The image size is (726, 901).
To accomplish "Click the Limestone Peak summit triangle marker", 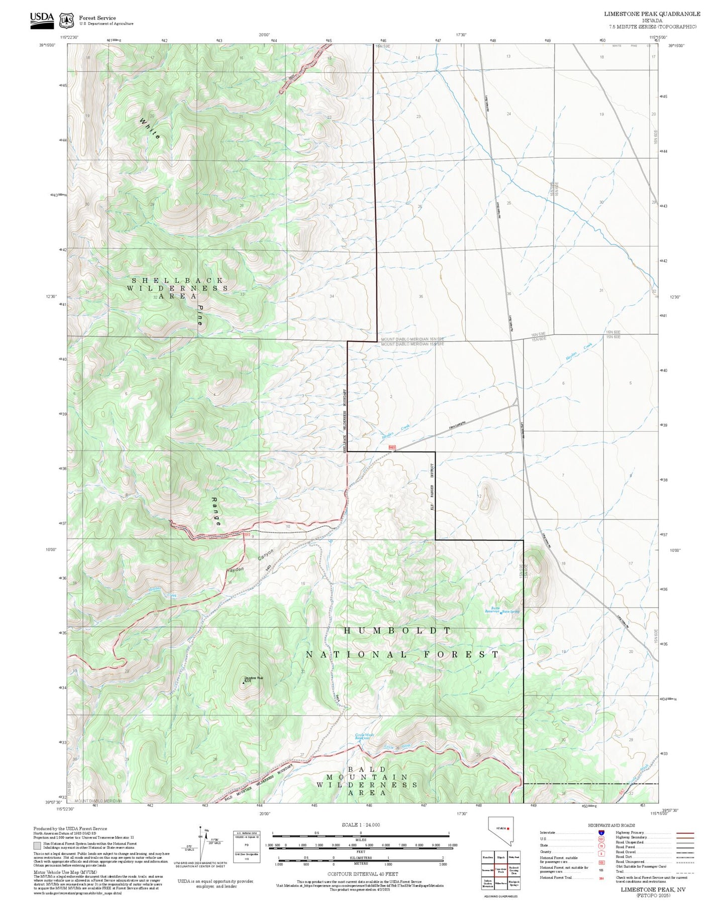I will [x=244, y=683].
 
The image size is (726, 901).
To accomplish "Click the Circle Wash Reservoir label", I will [x=364, y=736].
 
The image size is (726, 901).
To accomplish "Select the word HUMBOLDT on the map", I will [x=397, y=630].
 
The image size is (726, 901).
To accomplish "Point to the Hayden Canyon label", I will [x=250, y=563].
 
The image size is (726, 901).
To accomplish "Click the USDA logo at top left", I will [x=41, y=18].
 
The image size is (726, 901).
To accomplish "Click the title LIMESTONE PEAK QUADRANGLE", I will [x=652, y=14].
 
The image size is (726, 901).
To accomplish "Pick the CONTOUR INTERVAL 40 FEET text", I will [x=363, y=873].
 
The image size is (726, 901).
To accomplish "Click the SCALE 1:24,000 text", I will [x=360, y=825].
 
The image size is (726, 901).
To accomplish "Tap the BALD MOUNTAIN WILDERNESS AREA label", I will [x=366, y=784].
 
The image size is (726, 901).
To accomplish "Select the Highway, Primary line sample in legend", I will [x=685, y=833].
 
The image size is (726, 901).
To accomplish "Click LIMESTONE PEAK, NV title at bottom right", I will [x=653, y=888].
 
